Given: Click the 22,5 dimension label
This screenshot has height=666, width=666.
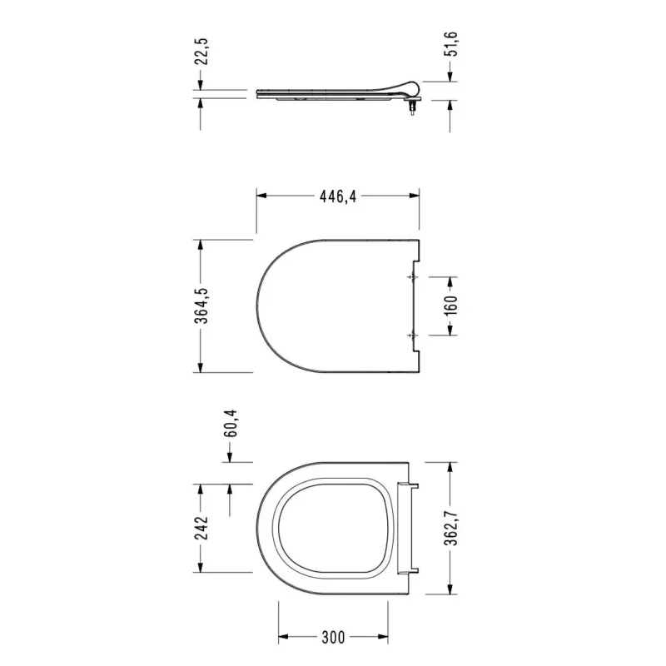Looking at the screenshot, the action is pyautogui.click(x=202, y=52).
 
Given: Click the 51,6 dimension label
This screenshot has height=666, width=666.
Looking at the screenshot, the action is pyautogui.click(x=452, y=44).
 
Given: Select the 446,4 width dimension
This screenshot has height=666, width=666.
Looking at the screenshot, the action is pyautogui.click(x=338, y=196).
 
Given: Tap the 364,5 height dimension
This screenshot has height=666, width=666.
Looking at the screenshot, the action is pyautogui.click(x=202, y=306).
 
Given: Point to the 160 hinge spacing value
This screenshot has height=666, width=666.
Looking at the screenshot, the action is pyautogui.click(x=452, y=306).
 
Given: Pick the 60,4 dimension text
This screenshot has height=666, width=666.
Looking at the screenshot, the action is pyautogui.click(x=231, y=424).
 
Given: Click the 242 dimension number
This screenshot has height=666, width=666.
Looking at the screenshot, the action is pyautogui.click(x=202, y=528).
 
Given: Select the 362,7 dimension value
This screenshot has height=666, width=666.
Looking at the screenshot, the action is pyautogui.click(x=452, y=528).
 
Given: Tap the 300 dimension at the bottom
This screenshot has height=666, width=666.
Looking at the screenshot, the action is pyautogui.click(x=333, y=637).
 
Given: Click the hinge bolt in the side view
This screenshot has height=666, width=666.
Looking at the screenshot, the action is pyautogui.click(x=412, y=108).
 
